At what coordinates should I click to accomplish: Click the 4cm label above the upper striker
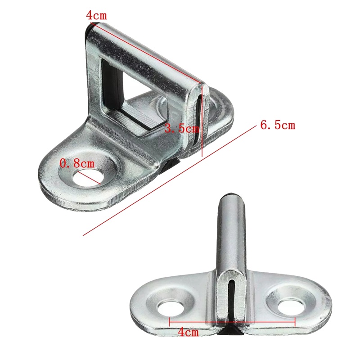point(96,15)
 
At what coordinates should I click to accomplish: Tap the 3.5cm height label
point(182,129)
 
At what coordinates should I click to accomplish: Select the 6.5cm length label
point(278,125)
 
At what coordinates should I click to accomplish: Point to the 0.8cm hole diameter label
point(77,163)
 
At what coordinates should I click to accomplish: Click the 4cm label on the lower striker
point(188,333)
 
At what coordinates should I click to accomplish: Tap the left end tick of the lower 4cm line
point(169,322)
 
